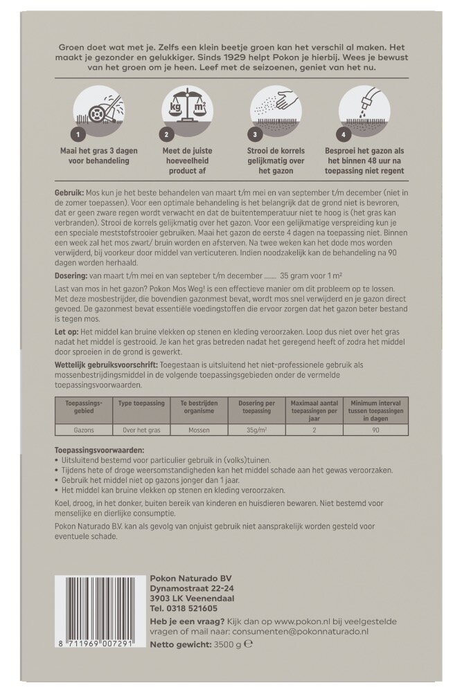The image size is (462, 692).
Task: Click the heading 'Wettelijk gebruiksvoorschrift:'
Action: tap(106, 364)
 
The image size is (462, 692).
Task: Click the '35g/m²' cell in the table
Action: tap(256, 429)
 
